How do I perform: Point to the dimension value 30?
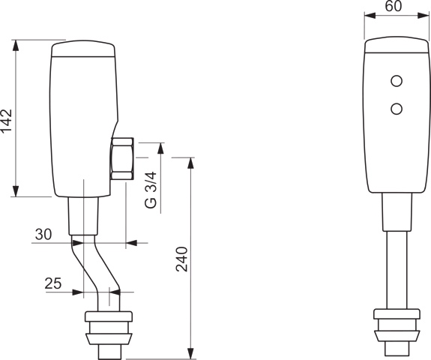[x=43, y=235]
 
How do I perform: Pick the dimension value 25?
[x=53, y=283]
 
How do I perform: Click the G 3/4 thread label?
[x=151, y=190]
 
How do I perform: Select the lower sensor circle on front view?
[x=397, y=109]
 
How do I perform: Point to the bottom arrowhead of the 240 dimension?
[x=191, y=352]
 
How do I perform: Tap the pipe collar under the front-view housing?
[x=397, y=211]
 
